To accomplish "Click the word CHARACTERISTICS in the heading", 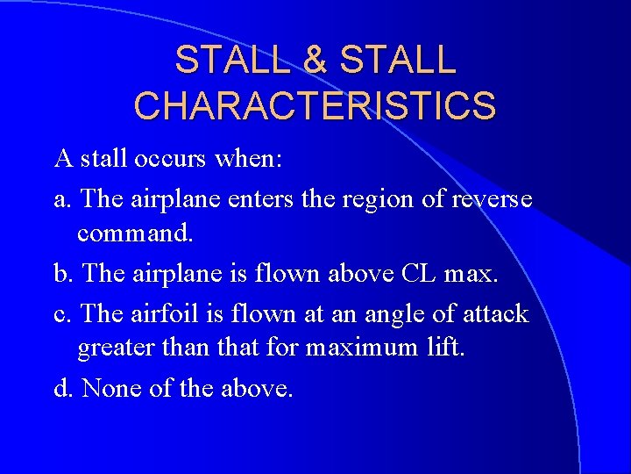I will (x=315, y=105).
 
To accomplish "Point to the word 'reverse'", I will (x=492, y=199).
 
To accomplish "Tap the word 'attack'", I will (x=500, y=313).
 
